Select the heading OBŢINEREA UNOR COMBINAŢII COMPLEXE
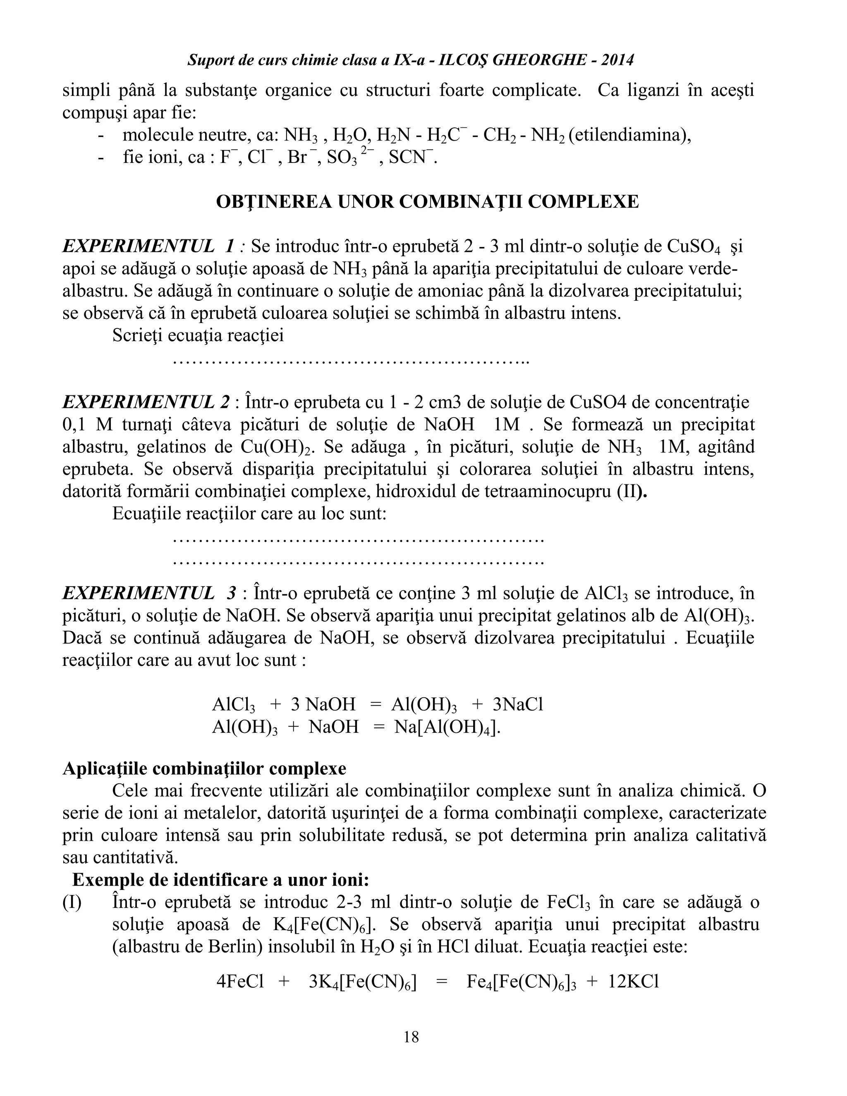click(x=427, y=202)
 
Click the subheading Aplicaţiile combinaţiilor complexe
click(x=204, y=768)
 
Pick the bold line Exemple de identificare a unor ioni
click(x=221, y=880)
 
